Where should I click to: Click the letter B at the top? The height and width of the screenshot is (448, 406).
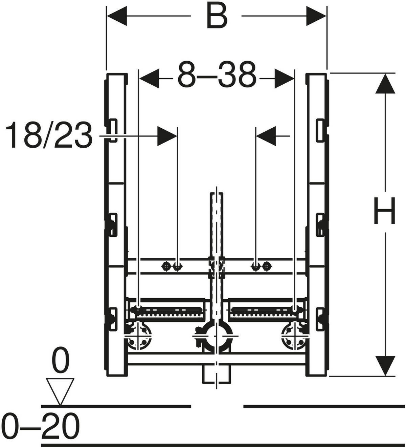coord(217,16)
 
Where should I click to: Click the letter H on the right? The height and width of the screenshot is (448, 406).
coord(384,211)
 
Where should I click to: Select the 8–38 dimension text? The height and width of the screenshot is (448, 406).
coord(217,75)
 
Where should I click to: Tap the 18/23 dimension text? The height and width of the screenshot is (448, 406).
coord(49,135)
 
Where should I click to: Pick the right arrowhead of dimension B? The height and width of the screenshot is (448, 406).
coord(316,16)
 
